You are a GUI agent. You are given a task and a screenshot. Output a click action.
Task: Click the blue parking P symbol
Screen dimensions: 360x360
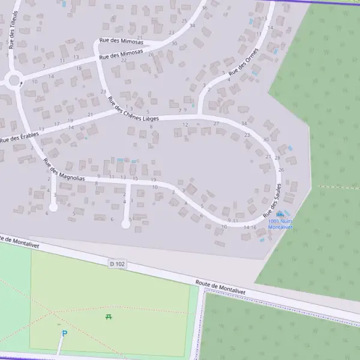(x=65, y=334)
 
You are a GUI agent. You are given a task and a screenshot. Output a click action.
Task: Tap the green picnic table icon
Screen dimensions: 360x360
(x=109, y=316)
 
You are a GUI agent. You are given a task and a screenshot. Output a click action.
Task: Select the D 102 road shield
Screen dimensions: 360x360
(x=117, y=263)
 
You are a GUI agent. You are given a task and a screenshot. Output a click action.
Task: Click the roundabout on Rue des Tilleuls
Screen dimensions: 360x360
(x=14, y=79)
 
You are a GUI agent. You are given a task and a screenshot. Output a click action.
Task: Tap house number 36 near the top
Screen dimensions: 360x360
(x=205, y=8)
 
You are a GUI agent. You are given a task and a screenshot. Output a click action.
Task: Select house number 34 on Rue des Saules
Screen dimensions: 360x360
(x=244, y=123)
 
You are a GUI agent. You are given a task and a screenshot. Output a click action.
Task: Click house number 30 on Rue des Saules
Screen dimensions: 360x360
(x=266, y=139)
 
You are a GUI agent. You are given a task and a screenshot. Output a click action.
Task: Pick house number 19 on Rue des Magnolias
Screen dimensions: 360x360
(x=154, y=180)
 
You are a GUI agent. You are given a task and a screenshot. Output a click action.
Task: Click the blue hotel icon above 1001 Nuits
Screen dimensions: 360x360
(x=280, y=214)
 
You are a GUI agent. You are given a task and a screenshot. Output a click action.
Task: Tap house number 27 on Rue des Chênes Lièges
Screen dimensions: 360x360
(x=216, y=123)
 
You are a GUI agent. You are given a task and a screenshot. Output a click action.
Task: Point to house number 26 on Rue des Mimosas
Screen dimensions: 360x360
(x=151, y=55)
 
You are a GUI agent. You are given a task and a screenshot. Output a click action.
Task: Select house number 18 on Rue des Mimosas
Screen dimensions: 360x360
(x=79, y=68)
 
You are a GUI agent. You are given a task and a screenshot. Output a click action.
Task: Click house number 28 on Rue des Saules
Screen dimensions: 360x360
(x=277, y=158)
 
